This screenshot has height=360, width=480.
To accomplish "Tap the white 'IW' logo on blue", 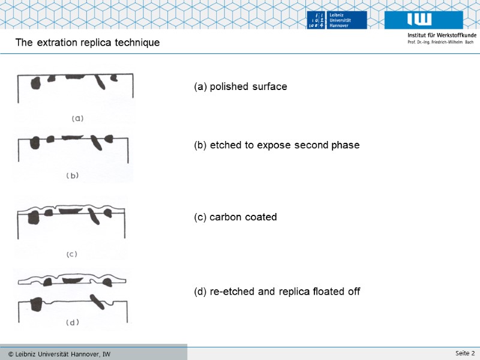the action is (419, 19).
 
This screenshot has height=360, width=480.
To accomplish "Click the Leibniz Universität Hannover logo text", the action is (339, 20).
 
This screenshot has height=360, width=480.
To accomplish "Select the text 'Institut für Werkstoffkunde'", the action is (442, 35).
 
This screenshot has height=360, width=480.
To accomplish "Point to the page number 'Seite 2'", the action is (465, 353).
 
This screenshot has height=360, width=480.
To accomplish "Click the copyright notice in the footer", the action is (59, 354).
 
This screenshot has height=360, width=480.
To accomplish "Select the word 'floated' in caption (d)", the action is (328, 291).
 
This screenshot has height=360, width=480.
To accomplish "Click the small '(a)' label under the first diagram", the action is (77, 118).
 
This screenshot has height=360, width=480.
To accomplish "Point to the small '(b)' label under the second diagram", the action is (73, 176).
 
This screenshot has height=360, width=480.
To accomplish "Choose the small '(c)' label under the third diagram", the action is (72, 254).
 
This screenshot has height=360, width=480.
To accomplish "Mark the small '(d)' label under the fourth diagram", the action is (73, 322).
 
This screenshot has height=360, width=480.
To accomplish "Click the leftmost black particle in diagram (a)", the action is (35, 83).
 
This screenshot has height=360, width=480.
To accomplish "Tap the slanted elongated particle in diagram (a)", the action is (100, 82).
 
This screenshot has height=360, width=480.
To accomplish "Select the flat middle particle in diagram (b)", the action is (72, 137).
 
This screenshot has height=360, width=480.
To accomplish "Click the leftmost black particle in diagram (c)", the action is (34, 218).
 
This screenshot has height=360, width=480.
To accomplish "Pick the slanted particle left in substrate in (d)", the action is (98, 302).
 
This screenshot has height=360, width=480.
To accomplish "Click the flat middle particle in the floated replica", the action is (73, 280).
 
